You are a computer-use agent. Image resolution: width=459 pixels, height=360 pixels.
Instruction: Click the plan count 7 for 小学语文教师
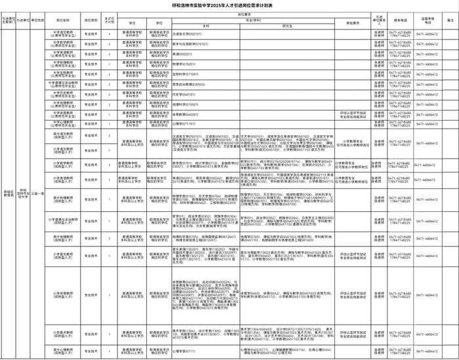tap(110, 149)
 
